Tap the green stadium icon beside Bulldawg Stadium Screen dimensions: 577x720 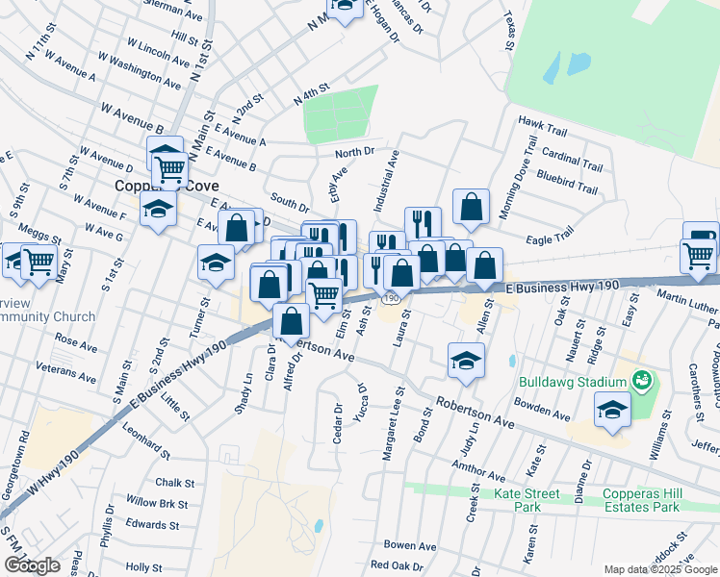tap(643, 382)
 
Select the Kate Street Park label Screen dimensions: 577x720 tap(527, 500)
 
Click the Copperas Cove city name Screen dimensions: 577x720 tap(154, 186)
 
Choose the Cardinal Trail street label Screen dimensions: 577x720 tap(572, 155)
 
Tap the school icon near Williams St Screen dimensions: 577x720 tap(613, 411)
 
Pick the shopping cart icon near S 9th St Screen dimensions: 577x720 tap(39, 261)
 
